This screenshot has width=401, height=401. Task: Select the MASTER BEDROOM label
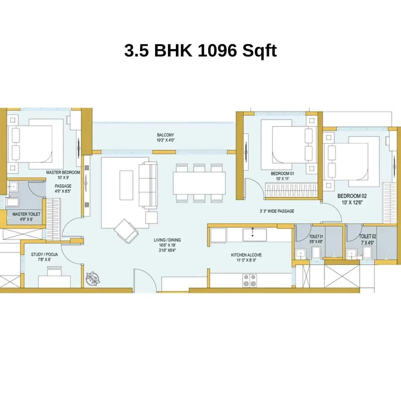[63, 172]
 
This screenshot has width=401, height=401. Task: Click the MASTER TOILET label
[26, 214]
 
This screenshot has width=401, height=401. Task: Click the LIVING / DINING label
[167, 240]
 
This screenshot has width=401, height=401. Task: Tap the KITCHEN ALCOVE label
[246, 255]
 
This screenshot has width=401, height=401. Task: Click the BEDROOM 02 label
[352, 196]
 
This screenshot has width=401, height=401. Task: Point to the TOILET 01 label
[316, 237]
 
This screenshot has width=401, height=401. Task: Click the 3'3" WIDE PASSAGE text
[277, 211]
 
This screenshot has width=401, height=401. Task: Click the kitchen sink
[254, 234]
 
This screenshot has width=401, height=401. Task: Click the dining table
[199, 183]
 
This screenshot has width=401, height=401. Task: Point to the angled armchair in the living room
[126, 231]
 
